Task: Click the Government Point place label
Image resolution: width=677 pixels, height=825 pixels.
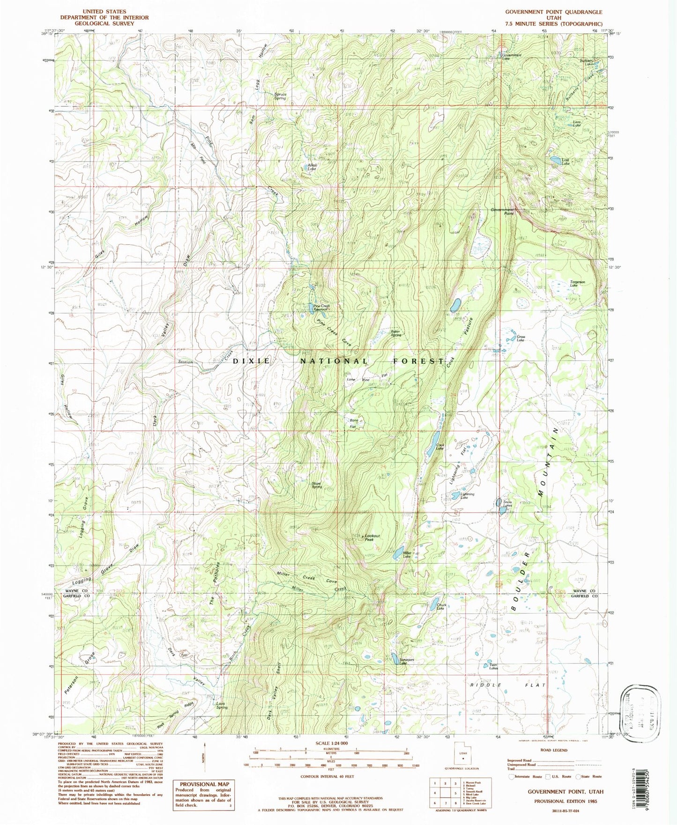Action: [x=503, y=211]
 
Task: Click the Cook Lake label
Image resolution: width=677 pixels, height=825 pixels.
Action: [x=439, y=447]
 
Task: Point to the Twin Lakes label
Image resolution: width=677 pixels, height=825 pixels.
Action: [x=493, y=666]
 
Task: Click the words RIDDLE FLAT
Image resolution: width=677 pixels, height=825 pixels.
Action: [x=508, y=685]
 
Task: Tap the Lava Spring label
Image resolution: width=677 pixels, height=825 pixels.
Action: [x=222, y=705]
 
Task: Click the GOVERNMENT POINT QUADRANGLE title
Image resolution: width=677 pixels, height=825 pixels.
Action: [x=553, y=12]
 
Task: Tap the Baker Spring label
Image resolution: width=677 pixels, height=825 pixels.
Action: [x=396, y=333]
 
